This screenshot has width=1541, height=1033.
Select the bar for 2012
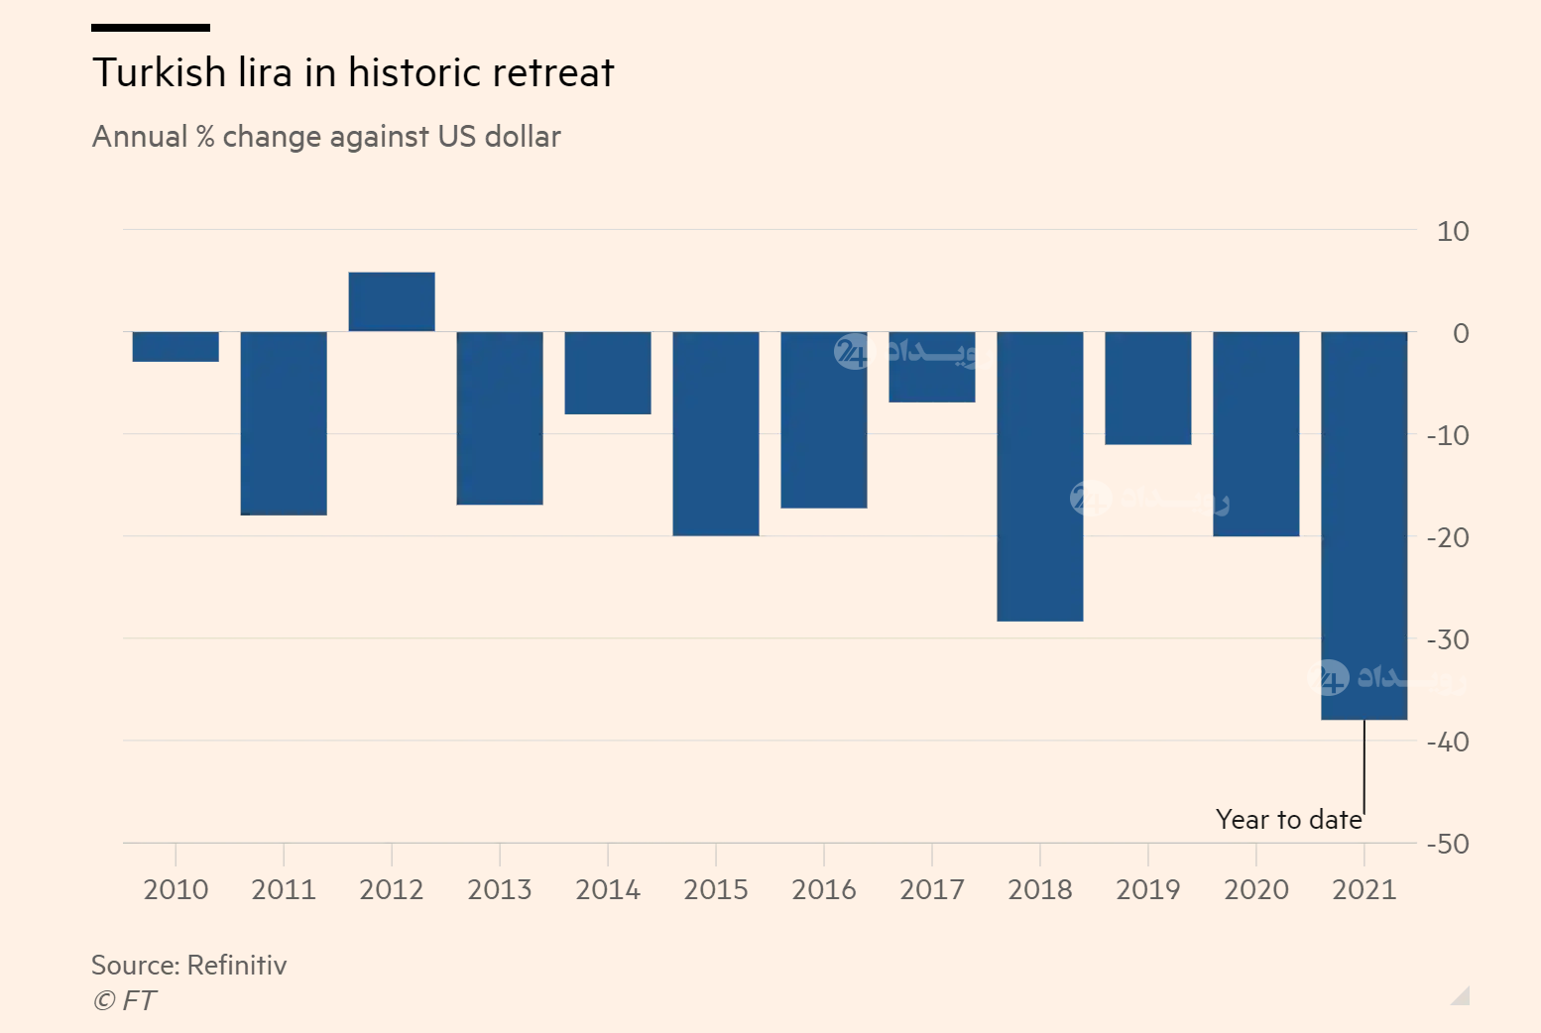[x=392, y=301]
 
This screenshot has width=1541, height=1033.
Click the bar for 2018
[x=1040, y=476]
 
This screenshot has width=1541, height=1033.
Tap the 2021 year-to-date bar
[x=1364, y=525]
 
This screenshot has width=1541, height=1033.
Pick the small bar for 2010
[x=176, y=347]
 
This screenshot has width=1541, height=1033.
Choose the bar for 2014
[x=608, y=373]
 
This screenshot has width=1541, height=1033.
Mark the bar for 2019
[x=1148, y=388]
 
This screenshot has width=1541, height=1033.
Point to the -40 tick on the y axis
[x=1448, y=742]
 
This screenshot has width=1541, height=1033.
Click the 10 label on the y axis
[x=1453, y=232]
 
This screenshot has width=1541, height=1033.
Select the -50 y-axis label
[x=1448, y=844]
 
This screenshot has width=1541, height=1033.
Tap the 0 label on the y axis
[x=1461, y=334]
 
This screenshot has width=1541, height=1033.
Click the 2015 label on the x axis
[x=716, y=889]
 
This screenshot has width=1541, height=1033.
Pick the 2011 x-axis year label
[x=284, y=889]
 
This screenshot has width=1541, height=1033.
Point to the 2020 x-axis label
[x=1256, y=889]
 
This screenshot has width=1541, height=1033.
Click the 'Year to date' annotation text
[x=1288, y=820]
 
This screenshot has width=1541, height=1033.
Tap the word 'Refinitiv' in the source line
[x=237, y=966]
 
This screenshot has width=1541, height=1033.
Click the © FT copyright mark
[x=124, y=1001]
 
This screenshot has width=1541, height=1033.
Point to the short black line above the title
[x=151, y=28]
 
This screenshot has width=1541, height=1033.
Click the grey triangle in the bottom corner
[x=1461, y=996]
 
